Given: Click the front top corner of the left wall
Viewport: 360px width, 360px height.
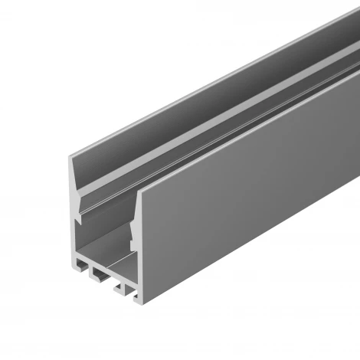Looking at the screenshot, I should pyautogui.click(x=70, y=155).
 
